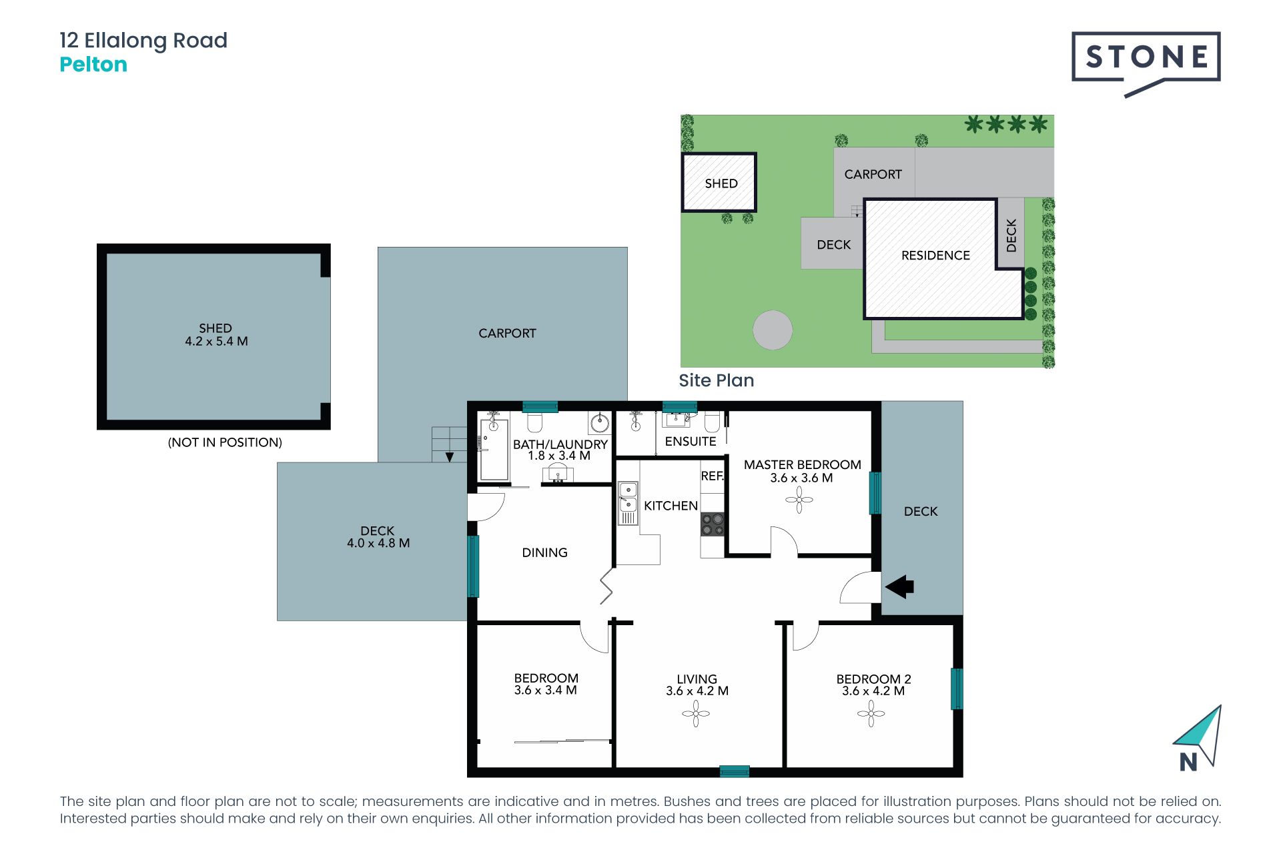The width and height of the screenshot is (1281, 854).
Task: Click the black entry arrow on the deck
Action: (x=899, y=587)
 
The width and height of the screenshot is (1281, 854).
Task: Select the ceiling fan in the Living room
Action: (x=696, y=714)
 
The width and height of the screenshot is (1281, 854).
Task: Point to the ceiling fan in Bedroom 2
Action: (x=871, y=714)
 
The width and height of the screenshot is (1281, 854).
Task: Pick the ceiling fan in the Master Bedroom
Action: (x=799, y=499)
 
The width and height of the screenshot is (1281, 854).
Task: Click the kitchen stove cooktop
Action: (x=712, y=524)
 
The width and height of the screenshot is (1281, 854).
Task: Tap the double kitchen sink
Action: (x=628, y=497)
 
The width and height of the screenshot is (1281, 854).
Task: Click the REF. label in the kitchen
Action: (x=712, y=476)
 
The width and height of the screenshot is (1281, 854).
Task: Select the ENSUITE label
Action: (x=691, y=441)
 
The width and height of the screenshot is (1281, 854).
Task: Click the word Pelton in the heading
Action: (x=93, y=65)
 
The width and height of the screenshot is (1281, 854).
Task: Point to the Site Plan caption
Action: (x=717, y=380)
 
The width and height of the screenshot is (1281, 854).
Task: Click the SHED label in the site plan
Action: (x=721, y=183)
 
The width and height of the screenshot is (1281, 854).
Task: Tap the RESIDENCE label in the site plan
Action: (x=935, y=256)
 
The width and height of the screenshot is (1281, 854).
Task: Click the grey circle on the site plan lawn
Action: (x=773, y=330)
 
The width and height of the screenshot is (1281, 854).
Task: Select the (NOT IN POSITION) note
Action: (x=225, y=442)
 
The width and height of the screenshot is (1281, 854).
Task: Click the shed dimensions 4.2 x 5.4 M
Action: (x=216, y=341)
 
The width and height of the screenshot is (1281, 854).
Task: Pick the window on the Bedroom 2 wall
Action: (x=957, y=689)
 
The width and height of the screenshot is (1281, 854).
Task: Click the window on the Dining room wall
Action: (x=473, y=566)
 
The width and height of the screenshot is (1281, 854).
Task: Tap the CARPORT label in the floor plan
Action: (x=507, y=333)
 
